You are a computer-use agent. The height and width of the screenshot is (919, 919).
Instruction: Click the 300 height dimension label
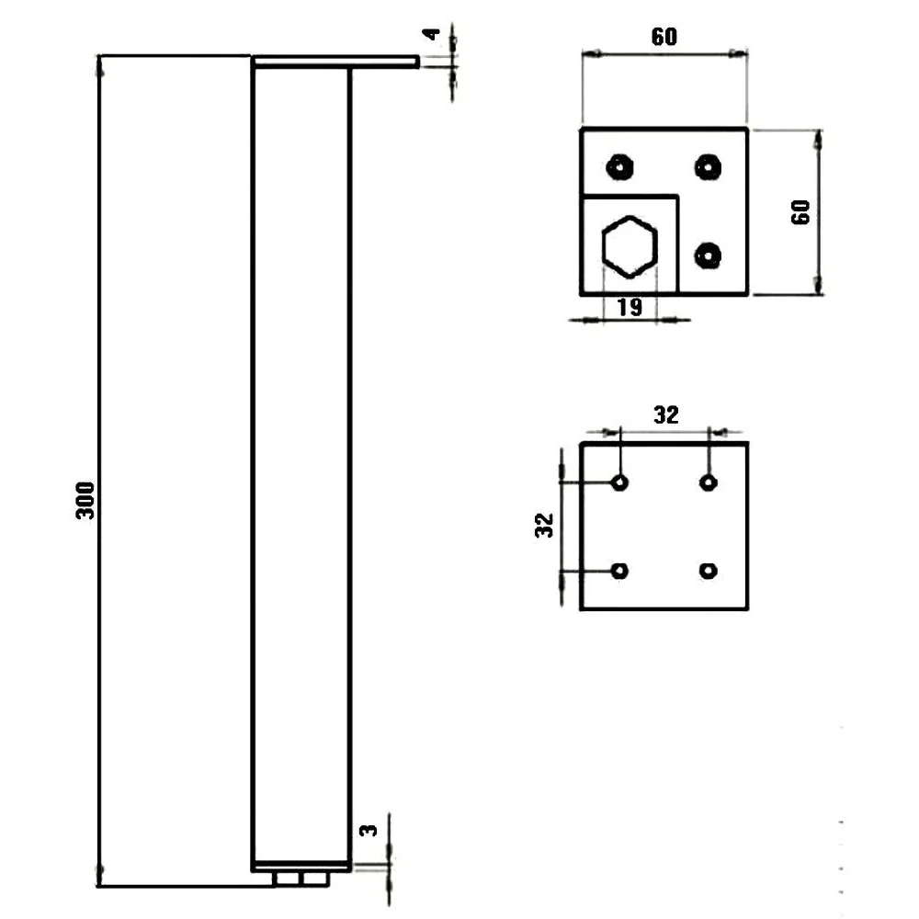[x=85, y=500]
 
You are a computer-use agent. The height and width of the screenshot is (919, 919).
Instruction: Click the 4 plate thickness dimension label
[x=432, y=34]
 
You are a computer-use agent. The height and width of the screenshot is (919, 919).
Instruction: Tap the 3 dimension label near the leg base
[x=369, y=830]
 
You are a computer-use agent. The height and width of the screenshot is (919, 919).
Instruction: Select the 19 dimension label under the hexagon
[x=630, y=307]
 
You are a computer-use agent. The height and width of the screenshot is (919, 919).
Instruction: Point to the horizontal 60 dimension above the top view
[x=664, y=37]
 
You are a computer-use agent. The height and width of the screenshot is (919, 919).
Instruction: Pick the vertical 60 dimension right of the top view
[x=800, y=211]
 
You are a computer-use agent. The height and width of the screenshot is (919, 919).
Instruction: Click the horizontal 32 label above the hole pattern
[x=665, y=414]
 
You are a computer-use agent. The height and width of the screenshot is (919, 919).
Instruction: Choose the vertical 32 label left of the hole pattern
[x=544, y=525]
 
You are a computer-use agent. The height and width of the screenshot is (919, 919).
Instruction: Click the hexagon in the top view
[x=630, y=246]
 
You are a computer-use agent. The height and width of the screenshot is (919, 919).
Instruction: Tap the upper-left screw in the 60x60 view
[x=619, y=167]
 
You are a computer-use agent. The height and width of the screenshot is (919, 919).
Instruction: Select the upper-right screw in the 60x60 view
[x=708, y=167]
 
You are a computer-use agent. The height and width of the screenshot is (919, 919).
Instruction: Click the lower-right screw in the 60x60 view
[x=708, y=255]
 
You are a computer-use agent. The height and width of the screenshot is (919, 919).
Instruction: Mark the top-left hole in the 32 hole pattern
[x=620, y=483]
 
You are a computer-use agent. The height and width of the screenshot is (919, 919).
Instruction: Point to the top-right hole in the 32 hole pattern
[x=709, y=483]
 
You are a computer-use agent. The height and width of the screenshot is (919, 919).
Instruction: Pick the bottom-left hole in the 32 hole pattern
[x=620, y=571]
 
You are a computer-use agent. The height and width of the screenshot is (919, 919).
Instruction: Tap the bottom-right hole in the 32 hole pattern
[x=709, y=571]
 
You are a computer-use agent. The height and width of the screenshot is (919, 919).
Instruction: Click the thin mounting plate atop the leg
[x=335, y=62]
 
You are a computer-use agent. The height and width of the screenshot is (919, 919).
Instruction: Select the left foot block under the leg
[x=287, y=879]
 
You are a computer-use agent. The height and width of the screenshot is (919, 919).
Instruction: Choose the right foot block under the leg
[x=314, y=879]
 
